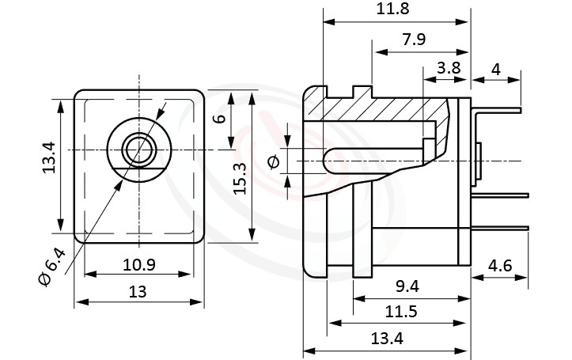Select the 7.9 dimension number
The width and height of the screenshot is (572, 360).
(x=411, y=40)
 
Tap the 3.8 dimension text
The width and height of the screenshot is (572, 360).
(x=449, y=68)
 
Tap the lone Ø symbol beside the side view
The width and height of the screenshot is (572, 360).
(x=274, y=162)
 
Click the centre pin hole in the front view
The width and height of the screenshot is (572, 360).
(x=139, y=148)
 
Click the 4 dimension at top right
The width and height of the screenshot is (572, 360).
(x=496, y=69)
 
